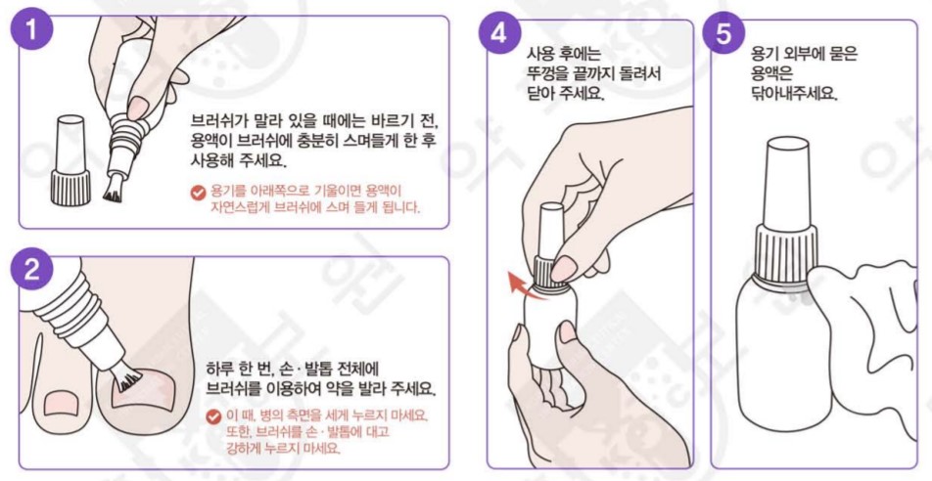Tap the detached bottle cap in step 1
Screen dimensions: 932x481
tap(70, 160)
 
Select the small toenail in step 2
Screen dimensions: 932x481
tap(62, 402)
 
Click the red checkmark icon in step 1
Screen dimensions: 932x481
tap(198, 193)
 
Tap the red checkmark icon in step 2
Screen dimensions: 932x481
tap(212, 416)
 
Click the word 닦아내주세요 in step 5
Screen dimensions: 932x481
tap(794, 94)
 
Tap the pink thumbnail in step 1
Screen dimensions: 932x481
tap(138, 108)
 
